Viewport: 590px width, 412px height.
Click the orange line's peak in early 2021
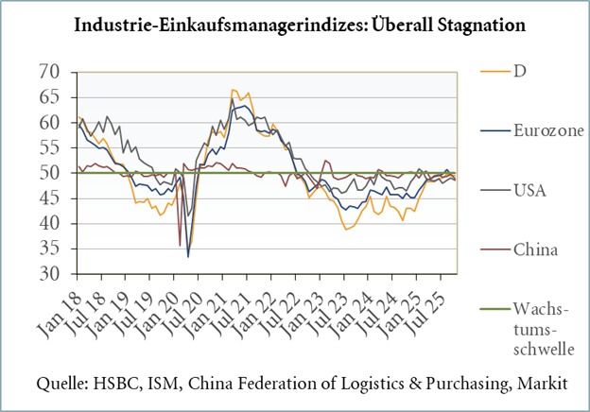click(x=233, y=90)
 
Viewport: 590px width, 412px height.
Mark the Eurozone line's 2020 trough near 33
click(x=188, y=256)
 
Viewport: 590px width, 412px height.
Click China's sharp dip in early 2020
click(x=180, y=246)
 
